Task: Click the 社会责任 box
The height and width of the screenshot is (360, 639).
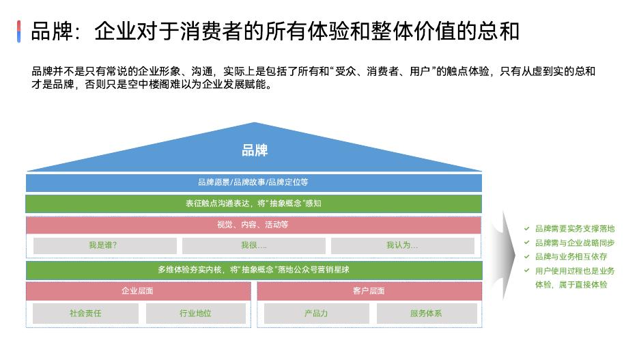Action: click(x=85, y=314)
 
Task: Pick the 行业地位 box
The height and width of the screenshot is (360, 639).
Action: click(x=195, y=314)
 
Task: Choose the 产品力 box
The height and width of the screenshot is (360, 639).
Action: click(x=316, y=314)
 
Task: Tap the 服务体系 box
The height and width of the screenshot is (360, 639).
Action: click(x=426, y=314)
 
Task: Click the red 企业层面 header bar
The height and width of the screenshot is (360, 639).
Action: click(x=139, y=290)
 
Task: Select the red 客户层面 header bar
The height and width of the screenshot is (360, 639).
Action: click(x=369, y=290)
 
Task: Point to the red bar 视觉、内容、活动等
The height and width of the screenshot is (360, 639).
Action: click(x=253, y=225)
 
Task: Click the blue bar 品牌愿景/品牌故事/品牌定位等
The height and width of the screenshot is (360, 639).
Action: click(x=253, y=182)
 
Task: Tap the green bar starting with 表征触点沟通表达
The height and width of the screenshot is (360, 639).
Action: click(x=253, y=204)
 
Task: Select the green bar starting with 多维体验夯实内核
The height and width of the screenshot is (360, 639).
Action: click(x=253, y=269)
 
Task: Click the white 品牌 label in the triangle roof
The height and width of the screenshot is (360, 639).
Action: click(x=255, y=150)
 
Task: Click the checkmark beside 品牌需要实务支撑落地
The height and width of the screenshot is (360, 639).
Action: click(x=526, y=229)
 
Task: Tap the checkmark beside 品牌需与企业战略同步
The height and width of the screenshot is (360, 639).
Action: click(x=526, y=243)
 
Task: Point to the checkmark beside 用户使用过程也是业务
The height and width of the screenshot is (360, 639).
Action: click(x=526, y=271)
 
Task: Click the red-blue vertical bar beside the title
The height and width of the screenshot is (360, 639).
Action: click(x=19, y=31)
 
